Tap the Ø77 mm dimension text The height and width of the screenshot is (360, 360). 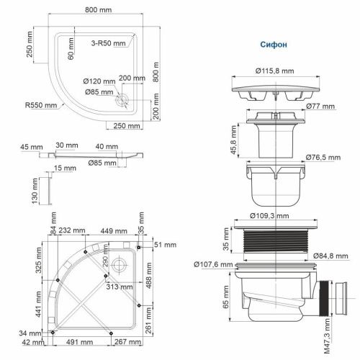(x=320, y=106)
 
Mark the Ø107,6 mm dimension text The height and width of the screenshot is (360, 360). (x=212, y=264)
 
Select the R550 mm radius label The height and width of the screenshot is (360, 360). (x=41, y=106)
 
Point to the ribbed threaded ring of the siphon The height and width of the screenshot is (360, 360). (x=274, y=245)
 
